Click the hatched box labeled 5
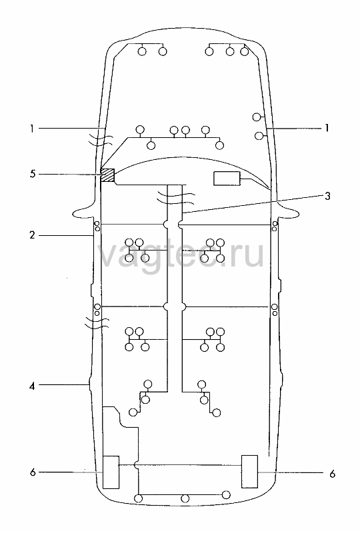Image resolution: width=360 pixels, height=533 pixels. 107,175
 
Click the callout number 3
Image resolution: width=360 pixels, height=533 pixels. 327,196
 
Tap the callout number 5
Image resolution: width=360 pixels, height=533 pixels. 32,175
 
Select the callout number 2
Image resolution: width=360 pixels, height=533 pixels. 32,235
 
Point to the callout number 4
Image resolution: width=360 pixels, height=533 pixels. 32,386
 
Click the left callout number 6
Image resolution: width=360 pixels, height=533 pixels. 33,472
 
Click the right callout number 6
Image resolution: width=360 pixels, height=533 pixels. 333,474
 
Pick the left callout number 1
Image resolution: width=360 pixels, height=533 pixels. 32,129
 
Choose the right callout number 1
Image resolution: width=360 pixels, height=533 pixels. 327,128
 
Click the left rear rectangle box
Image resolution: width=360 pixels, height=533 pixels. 111,472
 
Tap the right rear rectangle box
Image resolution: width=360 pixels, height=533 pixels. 249,471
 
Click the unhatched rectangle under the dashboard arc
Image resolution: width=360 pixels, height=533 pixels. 227,179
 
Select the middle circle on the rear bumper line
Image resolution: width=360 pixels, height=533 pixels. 185,498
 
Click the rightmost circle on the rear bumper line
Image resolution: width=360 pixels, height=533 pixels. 226,494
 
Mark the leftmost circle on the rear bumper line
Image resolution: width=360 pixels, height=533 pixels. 139,498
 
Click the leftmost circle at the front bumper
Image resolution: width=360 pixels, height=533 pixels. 142,51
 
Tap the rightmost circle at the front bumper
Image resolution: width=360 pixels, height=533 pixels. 244,51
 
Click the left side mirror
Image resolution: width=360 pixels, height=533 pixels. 83,213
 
